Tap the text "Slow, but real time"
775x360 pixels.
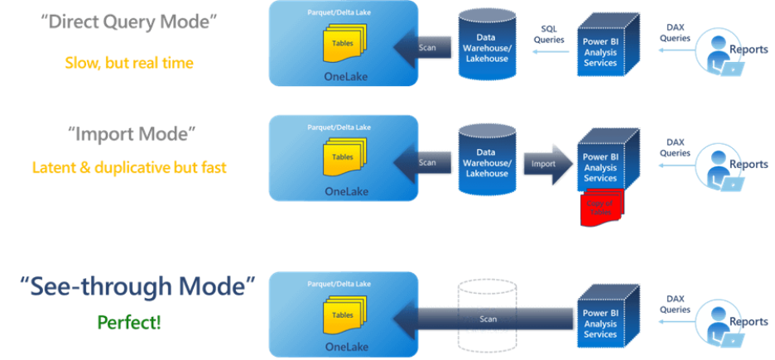[x=129, y=63]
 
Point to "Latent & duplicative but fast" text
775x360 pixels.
[x=129, y=166]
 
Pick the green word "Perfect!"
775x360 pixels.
[x=129, y=321]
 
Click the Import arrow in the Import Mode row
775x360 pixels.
[x=546, y=163]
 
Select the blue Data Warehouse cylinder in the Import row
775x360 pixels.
[x=488, y=162]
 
